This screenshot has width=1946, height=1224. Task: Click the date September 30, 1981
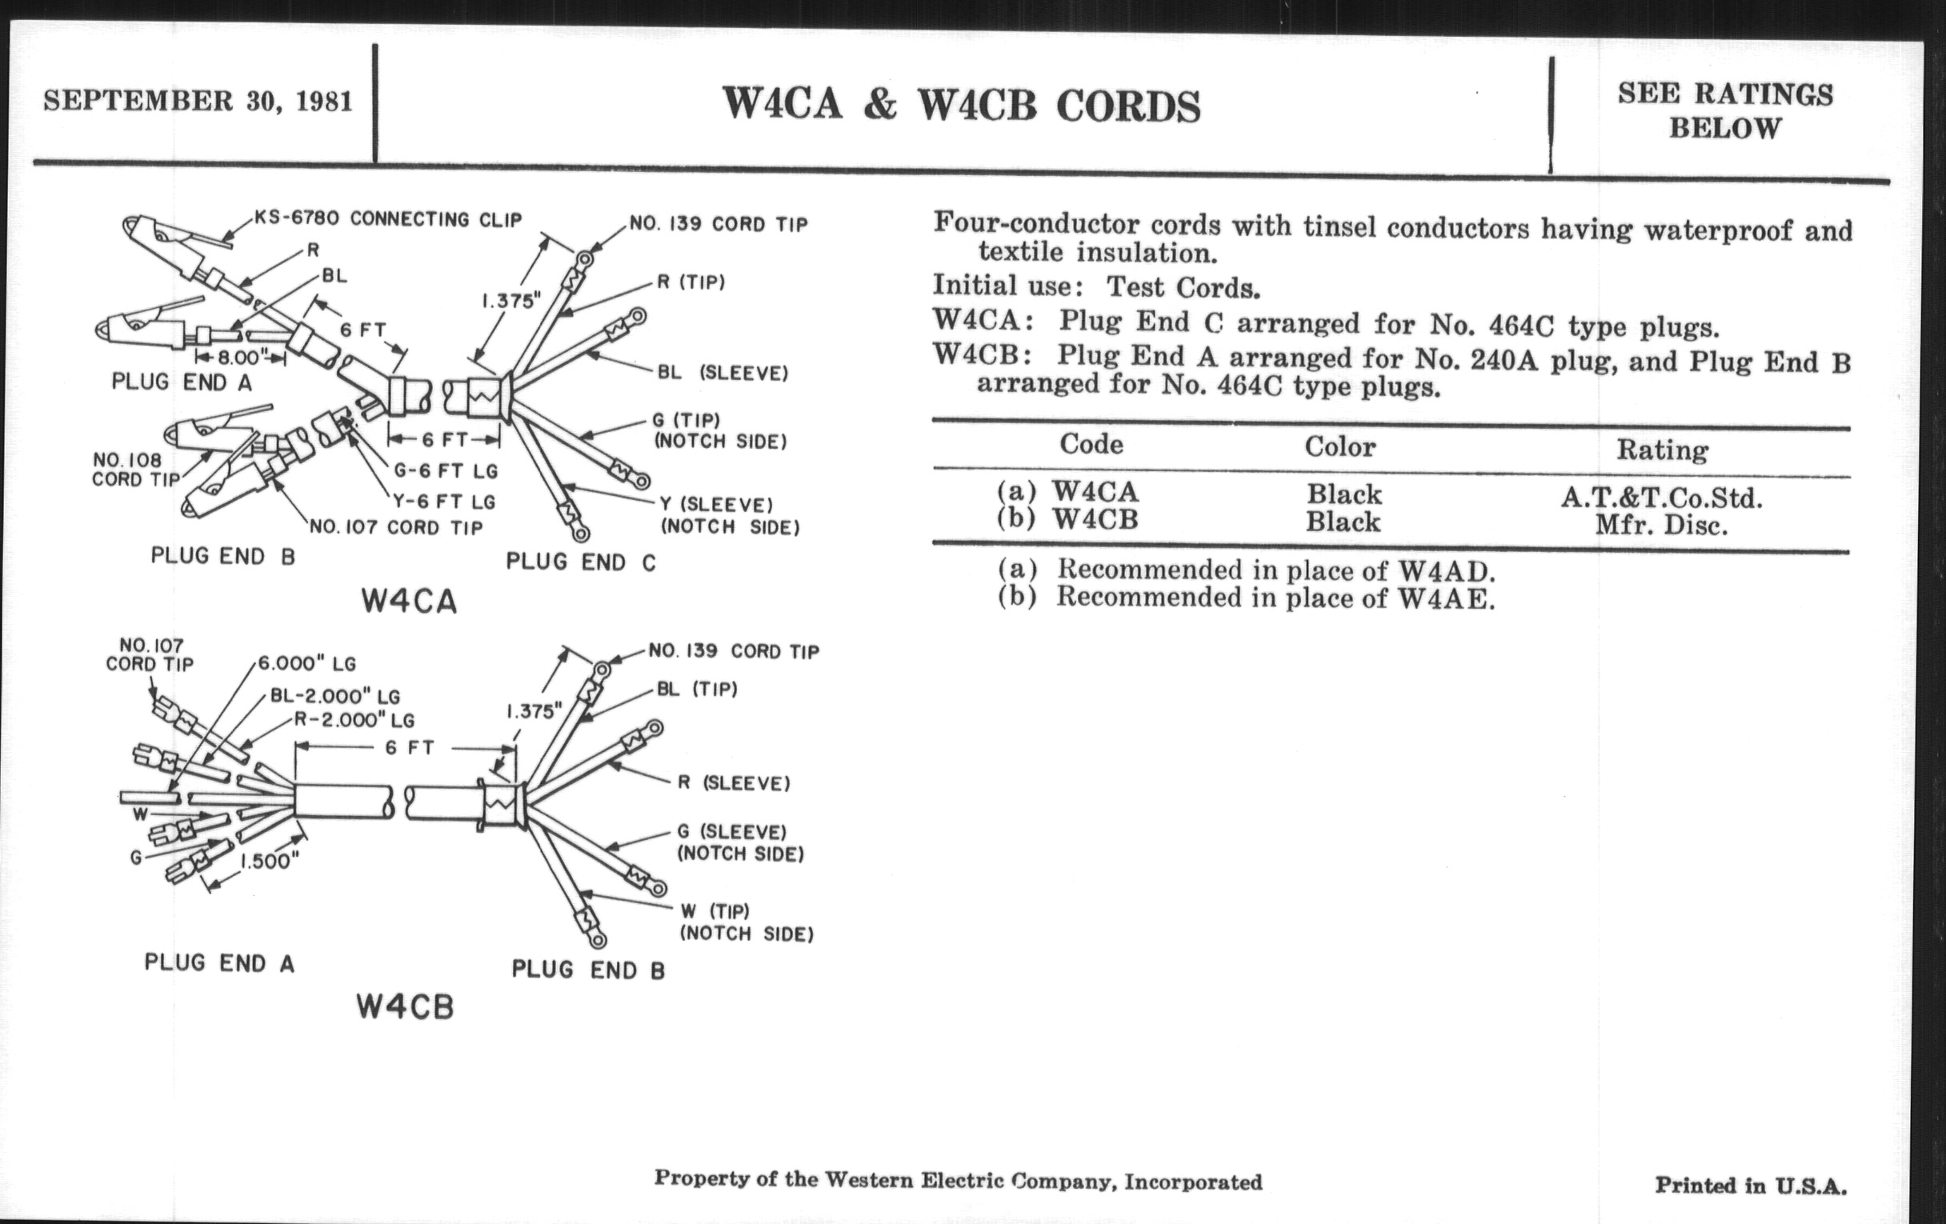[198, 101]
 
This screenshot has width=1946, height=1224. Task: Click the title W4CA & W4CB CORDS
[961, 105]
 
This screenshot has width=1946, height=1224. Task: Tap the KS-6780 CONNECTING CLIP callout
[388, 219]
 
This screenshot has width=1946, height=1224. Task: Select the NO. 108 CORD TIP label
[135, 470]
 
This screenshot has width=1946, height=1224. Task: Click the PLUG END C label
[580, 562]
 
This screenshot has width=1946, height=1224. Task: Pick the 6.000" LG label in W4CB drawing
[307, 663]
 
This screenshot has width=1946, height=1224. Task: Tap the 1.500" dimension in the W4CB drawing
[270, 862]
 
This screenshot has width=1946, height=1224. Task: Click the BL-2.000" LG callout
[334, 697]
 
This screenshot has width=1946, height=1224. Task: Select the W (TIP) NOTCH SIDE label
[745, 922]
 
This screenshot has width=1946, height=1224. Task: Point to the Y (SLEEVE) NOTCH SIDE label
[729, 515]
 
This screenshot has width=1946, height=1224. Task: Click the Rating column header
[1661, 450]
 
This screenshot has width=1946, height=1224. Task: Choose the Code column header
[1091, 444]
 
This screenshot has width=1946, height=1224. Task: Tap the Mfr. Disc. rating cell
[1660, 526]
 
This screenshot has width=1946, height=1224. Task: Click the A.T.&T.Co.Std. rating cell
[1660, 497]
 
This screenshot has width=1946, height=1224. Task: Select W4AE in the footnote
[1446, 598]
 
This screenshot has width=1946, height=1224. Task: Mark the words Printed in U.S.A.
[1751, 1186]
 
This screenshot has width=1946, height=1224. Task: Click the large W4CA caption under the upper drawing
[409, 602]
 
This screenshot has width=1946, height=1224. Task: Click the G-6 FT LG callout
[445, 470]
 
